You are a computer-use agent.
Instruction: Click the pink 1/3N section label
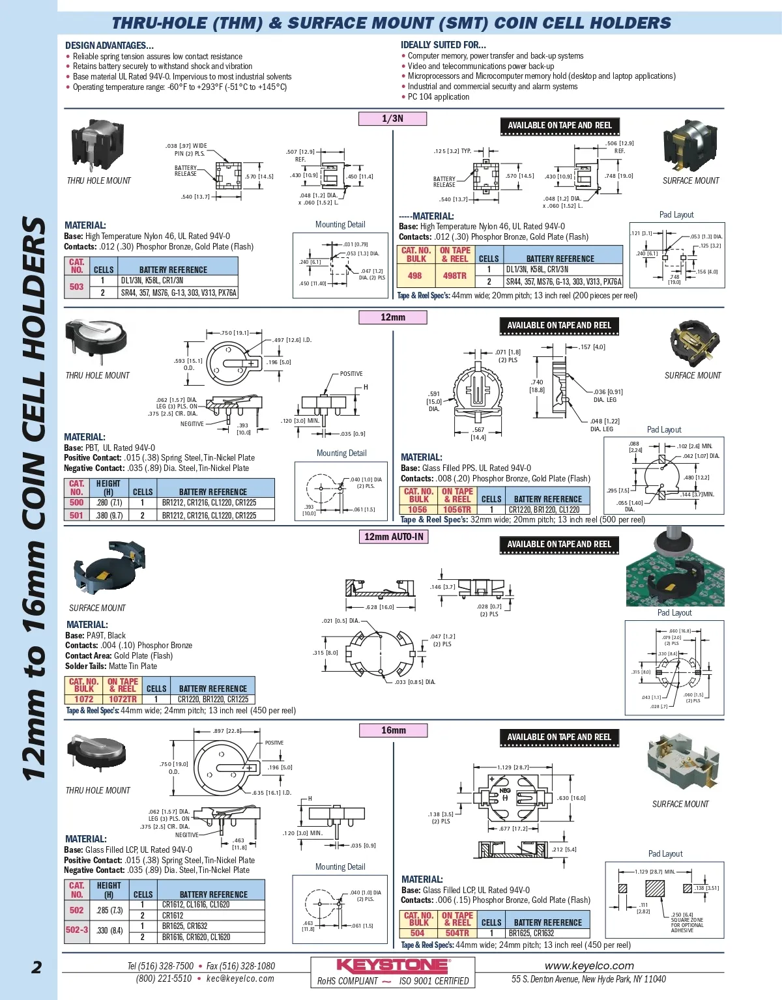[392, 119]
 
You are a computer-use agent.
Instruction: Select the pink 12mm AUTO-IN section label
[394, 537]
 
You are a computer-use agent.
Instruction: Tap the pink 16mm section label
[393, 730]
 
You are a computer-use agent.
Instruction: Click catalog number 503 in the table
[76, 287]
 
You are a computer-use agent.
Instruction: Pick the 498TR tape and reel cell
[454, 276]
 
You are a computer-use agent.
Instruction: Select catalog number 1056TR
[456, 509]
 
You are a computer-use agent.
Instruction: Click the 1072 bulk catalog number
[83, 699]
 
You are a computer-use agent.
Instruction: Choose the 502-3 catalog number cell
[76, 930]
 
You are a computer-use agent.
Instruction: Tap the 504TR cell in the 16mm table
[457, 933]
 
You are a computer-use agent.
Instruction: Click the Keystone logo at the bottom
[392, 965]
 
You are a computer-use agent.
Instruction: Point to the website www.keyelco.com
[589, 965]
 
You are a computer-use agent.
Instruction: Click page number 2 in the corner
[36, 967]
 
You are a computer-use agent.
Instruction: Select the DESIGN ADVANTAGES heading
[109, 46]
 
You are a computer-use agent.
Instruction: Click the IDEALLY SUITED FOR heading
[443, 45]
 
